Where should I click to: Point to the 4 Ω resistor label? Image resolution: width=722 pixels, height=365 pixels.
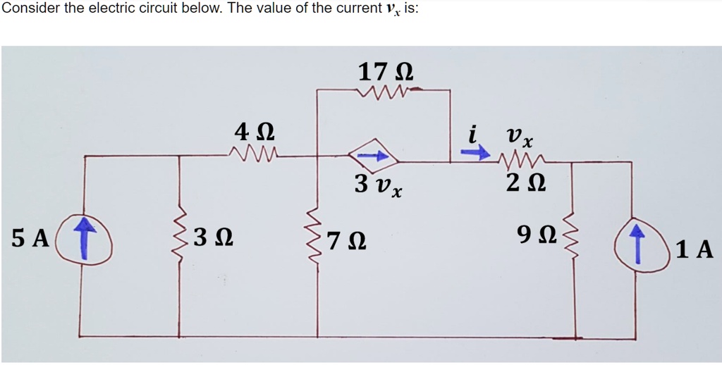coord(255,133)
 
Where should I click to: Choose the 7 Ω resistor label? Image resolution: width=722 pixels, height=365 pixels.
coord(347,241)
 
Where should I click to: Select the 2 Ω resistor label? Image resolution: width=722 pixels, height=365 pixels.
coord(526,184)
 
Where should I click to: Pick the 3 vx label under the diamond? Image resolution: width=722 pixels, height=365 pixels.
coord(379,185)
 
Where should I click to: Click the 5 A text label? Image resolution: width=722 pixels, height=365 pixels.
coord(30,238)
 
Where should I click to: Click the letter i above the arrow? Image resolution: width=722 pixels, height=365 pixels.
coord(471,134)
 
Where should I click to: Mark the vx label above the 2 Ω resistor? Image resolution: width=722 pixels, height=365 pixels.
coord(519,137)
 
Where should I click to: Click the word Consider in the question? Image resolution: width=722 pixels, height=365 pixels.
coord(28,10)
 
